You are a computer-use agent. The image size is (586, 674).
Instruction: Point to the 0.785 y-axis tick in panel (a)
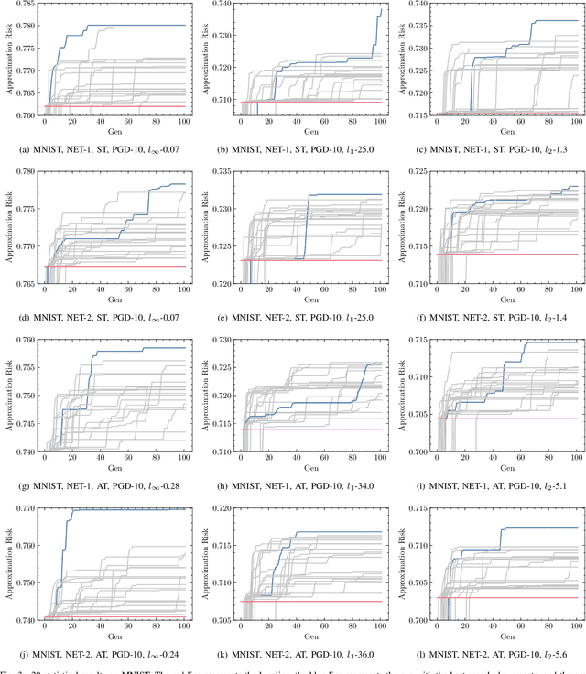(x=27, y=4)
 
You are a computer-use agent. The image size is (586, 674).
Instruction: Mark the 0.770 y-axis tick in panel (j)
(x=27, y=507)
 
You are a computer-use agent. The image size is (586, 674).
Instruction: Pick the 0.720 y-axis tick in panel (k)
(x=222, y=507)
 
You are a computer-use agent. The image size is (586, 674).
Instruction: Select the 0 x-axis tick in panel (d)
(x=45, y=288)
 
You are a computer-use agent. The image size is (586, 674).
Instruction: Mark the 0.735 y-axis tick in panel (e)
(x=222, y=171)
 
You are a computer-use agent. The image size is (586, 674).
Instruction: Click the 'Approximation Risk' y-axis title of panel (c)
(x=398, y=60)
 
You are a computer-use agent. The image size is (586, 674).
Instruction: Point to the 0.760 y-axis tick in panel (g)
(x=27, y=340)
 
